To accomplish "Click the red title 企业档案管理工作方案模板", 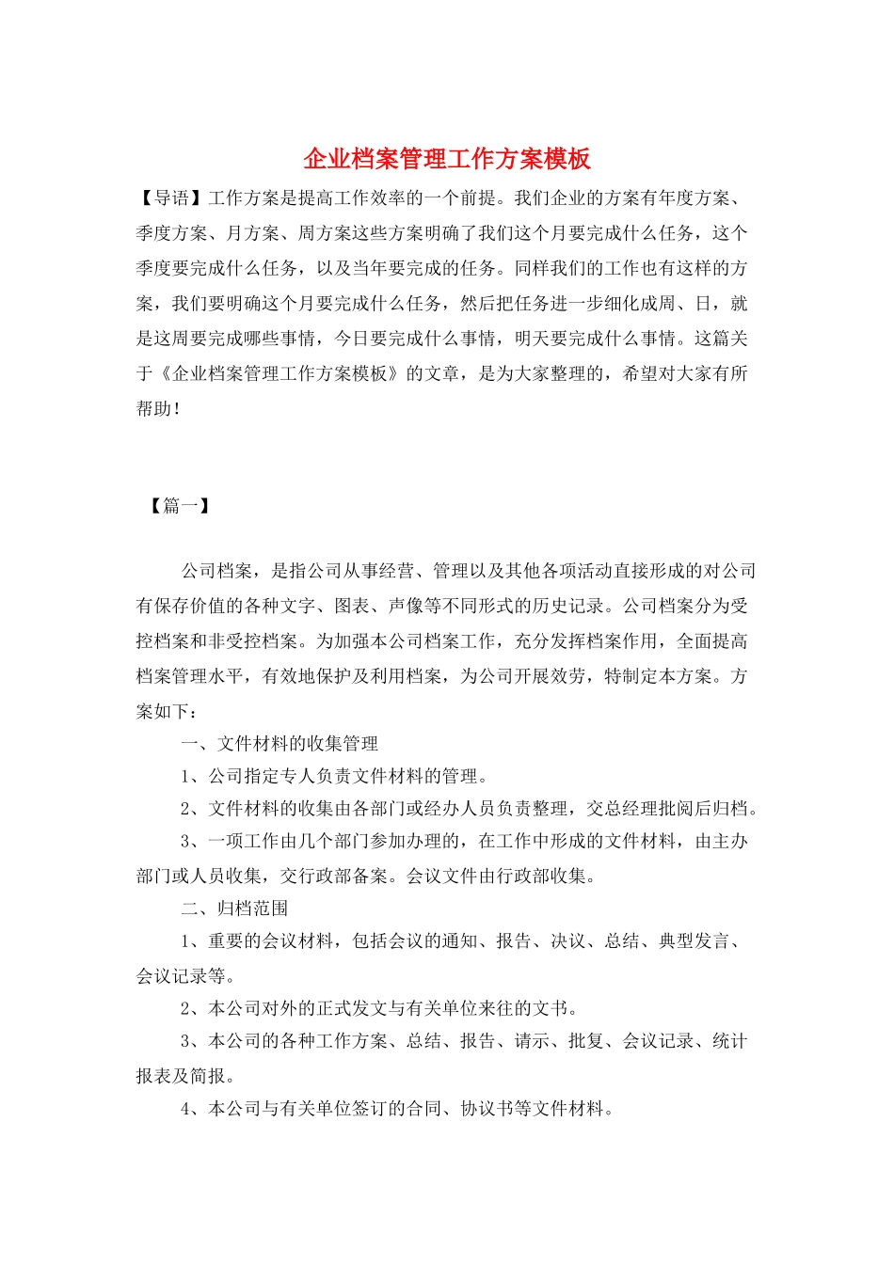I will click(x=447, y=158).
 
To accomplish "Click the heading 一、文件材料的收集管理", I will click(x=279, y=744).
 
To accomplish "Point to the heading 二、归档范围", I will click(x=234, y=908).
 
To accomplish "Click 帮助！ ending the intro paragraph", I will click(x=158, y=409).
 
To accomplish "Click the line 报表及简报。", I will click(x=185, y=1076).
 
